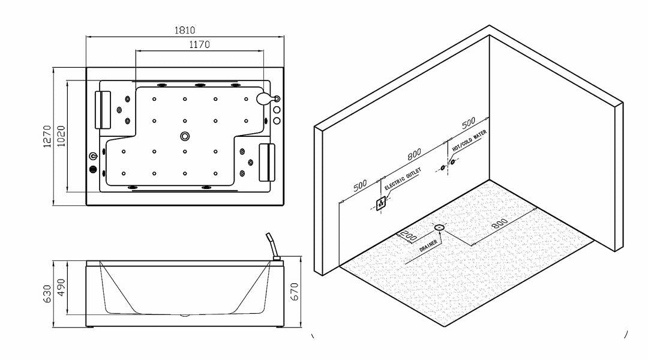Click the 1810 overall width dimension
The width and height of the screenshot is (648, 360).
(185, 30)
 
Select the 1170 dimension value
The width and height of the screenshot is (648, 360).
(200, 44)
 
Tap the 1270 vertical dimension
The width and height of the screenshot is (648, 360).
(47, 137)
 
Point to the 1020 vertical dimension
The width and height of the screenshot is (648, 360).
(61, 137)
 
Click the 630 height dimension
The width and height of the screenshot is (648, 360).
(47, 294)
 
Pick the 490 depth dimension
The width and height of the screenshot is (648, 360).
(61, 288)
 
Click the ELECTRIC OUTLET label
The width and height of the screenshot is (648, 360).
(403, 179)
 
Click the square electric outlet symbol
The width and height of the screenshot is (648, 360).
(380, 204)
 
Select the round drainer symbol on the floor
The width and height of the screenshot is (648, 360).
(439, 227)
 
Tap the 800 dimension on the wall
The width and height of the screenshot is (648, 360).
(414, 154)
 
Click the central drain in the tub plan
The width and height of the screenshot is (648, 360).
(184, 136)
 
